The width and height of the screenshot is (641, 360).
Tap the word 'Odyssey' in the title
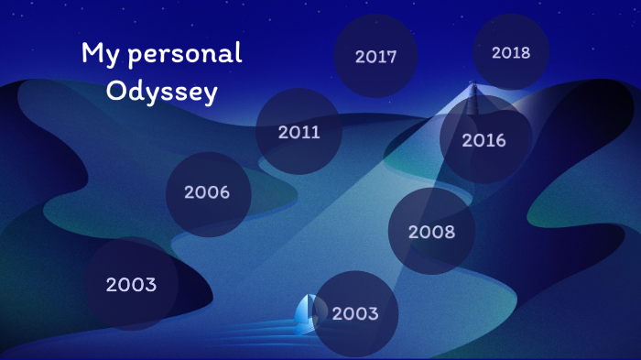[162, 93]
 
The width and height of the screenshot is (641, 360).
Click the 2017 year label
[375, 57]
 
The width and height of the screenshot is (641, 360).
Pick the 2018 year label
[511, 52]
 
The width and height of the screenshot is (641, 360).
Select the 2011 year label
[299, 132]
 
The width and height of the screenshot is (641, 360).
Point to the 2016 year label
[483, 140]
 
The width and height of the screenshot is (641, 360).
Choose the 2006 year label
[206, 192]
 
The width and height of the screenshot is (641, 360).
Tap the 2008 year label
[431, 232]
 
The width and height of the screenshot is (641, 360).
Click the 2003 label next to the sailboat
[355, 313]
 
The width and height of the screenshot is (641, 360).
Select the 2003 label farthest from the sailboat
[131, 284]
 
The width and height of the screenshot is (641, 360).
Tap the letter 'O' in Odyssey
[115, 93]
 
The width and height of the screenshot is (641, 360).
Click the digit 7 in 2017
[392, 57]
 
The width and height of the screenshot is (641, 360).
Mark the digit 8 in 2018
[526, 52]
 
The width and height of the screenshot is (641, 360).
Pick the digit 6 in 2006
[223, 192]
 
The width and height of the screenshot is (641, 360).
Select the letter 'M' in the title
[92, 53]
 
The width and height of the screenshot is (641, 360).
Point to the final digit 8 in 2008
[448, 232]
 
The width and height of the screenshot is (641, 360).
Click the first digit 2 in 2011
[284, 132]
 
